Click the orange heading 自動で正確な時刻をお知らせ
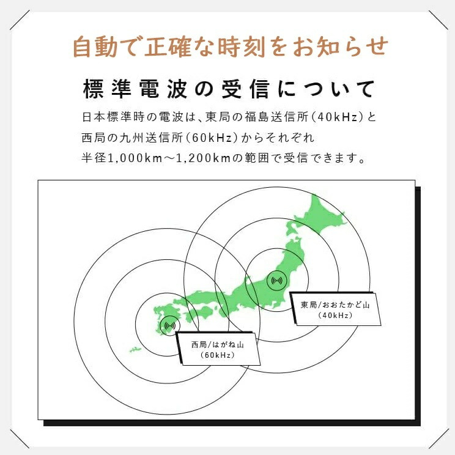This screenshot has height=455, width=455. coord(230,46)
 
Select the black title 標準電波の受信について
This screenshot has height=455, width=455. coord(227,89)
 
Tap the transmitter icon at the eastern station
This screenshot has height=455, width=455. coord(277,281)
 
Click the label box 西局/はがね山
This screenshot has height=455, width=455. coord(218,349)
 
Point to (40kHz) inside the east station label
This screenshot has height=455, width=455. coord(336,315)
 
